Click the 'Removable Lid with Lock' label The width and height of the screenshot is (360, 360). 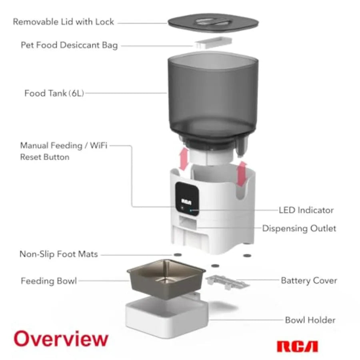(x=64, y=22)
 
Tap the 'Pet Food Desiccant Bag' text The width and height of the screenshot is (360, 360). (x=69, y=45)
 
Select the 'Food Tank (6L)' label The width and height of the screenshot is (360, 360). (x=54, y=94)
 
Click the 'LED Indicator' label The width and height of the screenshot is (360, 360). (x=306, y=210)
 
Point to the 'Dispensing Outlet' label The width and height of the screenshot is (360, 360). (x=299, y=228)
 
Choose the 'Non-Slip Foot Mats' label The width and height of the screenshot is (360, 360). (x=58, y=254)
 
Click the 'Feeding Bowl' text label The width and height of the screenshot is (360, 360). (x=48, y=281)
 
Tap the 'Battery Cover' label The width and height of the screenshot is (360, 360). (x=309, y=280)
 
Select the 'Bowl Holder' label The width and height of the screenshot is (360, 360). (x=310, y=320)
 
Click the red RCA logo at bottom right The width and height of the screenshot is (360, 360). (x=297, y=346)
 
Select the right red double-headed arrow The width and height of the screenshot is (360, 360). (x=241, y=174)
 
